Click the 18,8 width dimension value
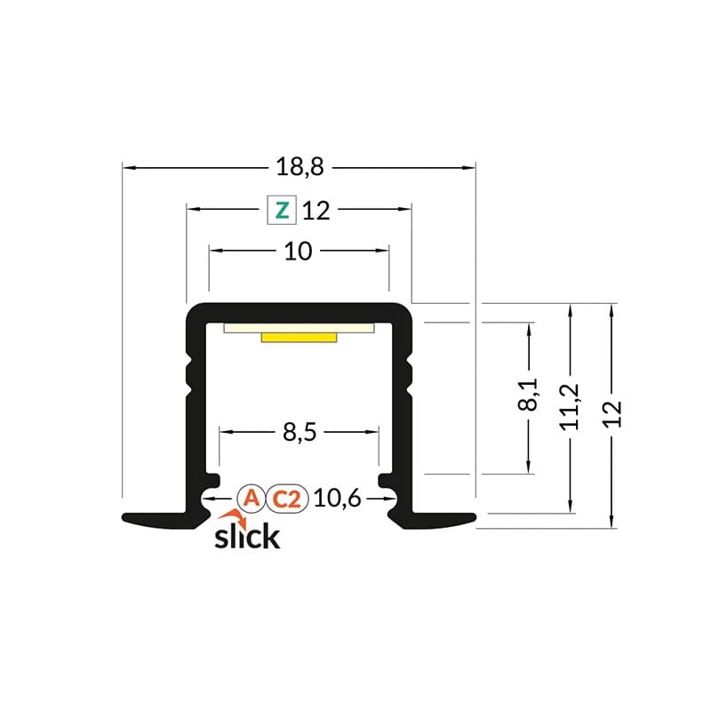[299, 166]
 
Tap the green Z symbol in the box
[282, 211]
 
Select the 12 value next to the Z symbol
[316, 211]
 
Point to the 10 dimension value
[299, 252]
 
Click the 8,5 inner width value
[299, 433]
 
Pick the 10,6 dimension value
[337, 499]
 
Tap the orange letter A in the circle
[252, 499]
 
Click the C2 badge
[286, 499]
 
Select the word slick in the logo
[247, 537]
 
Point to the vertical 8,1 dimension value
[530, 394]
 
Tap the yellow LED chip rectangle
[300, 337]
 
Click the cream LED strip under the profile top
[300, 327]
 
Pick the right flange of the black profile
[440, 519]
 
